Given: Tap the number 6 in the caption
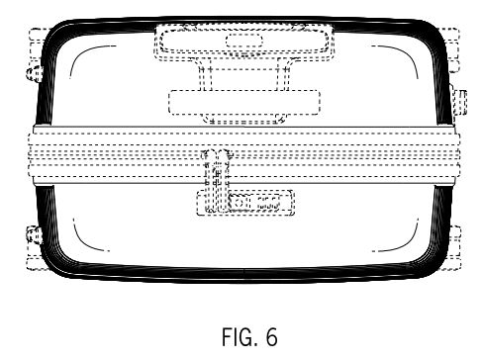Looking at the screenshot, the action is (x=271, y=336).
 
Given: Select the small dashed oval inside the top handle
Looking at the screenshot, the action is (x=244, y=41).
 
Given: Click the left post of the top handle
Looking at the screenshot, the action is (x=205, y=74).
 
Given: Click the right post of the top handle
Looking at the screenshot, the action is (x=284, y=74).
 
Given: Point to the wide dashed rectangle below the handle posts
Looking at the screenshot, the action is (x=244, y=102).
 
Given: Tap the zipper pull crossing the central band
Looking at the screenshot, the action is (x=217, y=180).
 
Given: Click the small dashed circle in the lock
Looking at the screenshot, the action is (x=240, y=202).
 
